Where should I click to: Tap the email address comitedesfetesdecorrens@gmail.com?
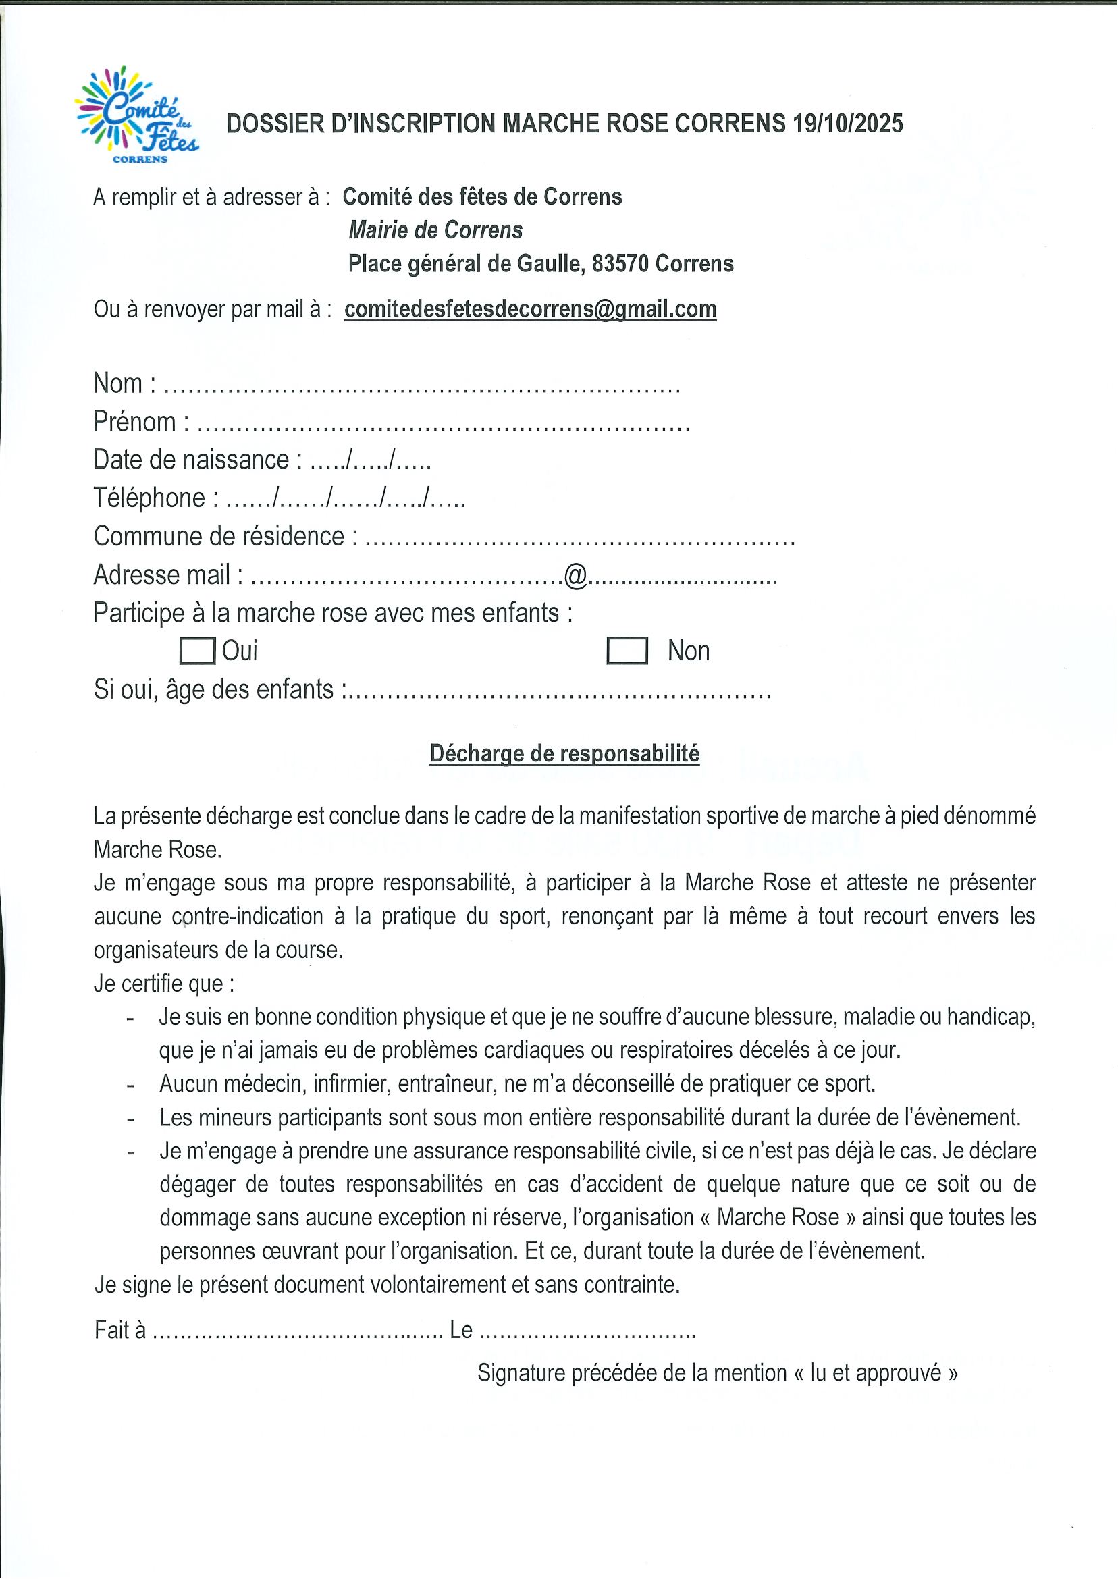tap(530, 309)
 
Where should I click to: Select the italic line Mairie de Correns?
tap(435, 230)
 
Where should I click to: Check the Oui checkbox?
tap(197, 651)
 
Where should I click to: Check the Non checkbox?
tap(627, 651)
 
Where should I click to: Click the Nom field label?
tap(117, 383)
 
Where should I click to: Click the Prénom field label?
tap(134, 422)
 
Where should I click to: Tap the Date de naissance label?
tap(191, 460)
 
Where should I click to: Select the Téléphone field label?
tap(149, 498)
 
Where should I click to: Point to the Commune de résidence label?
tap(219, 536)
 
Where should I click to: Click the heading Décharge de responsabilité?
tap(564, 753)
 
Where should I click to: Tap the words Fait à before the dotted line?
tap(120, 1331)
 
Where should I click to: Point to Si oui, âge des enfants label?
tap(214, 690)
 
